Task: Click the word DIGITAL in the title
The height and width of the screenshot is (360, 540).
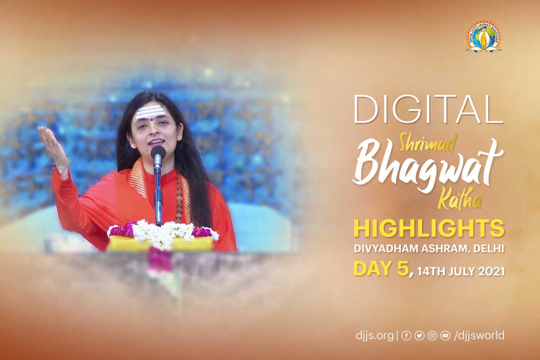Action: pyautogui.click(x=428, y=109)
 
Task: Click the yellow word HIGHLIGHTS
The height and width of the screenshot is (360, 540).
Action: pyautogui.click(x=429, y=229)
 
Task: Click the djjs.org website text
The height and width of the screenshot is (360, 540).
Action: pyautogui.click(x=374, y=335)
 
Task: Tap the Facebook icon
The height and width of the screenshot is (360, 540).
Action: pyautogui.click(x=406, y=336)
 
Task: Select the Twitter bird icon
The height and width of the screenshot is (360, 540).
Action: pyautogui.click(x=419, y=336)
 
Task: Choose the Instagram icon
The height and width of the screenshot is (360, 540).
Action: pyautogui.click(x=432, y=336)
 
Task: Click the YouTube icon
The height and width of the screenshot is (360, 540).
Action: pyautogui.click(x=445, y=336)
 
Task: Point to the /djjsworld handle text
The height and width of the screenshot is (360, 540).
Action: pyautogui.click(x=479, y=335)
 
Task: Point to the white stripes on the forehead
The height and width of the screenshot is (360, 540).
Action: pyautogui.click(x=148, y=112)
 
